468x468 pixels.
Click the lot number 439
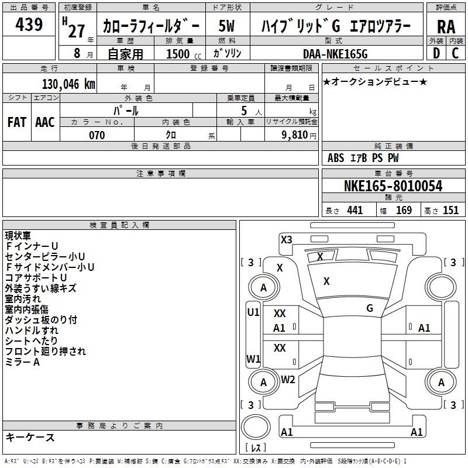point(29,24)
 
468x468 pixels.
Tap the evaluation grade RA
point(446,27)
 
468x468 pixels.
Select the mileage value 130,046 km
point(68,84)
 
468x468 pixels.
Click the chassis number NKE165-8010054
point(393,186)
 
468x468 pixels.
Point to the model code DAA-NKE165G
point(335,54)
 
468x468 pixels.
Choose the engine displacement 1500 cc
point(184,54)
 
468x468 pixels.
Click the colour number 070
point(97,135)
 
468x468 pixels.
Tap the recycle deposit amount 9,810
point(294,135)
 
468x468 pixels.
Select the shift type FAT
point(17,122)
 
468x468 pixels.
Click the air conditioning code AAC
point(45,122)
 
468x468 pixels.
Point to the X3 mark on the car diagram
point(286,240)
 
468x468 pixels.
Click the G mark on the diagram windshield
point(370,308)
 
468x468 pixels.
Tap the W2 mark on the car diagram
point(288,380)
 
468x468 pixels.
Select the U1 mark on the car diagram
point(253,312)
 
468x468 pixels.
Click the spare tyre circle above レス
point(256,427)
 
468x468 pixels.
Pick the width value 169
point(404,210)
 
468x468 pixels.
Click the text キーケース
point(30,437)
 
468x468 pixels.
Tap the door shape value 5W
point(226,26)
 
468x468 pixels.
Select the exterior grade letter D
point(436,53)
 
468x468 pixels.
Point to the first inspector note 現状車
point(18,236)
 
